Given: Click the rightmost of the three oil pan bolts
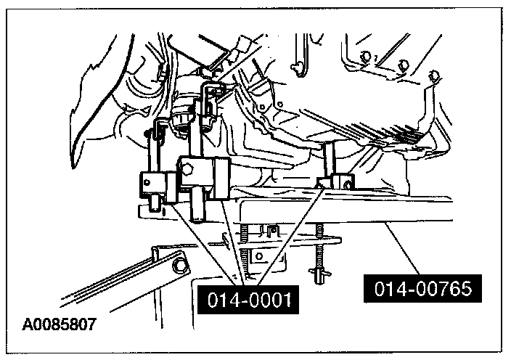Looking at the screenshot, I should pos(433,75).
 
